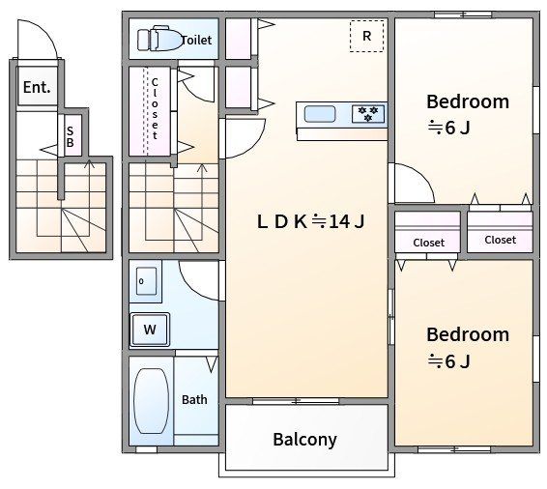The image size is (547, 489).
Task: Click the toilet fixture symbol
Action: coord(159,39)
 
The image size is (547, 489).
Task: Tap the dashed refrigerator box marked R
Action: coord(366,36)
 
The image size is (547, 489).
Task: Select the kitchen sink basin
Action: coord(320,114)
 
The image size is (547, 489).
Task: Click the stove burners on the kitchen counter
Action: coord(368,114)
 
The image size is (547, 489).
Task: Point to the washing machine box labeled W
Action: coord(150,330)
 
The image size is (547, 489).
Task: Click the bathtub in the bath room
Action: coord(151,401)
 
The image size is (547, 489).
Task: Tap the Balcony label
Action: coord(304,440)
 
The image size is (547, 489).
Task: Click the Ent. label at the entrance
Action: coord(37,87)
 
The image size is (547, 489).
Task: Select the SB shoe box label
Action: coord(71,136)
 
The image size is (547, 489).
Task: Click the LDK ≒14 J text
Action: coord(310,221)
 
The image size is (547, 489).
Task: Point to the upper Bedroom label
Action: coord(468,101)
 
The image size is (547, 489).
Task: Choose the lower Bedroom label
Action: coord(468,334)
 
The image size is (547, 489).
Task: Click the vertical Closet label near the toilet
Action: coord(155,109)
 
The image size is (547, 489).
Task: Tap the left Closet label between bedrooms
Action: coord(428,243)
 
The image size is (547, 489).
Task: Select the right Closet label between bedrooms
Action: coord(500,240)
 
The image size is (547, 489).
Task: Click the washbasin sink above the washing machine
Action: coord(146,281)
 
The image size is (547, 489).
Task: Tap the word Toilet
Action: coord(197,41)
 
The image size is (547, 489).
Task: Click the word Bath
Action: coord(194,399)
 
